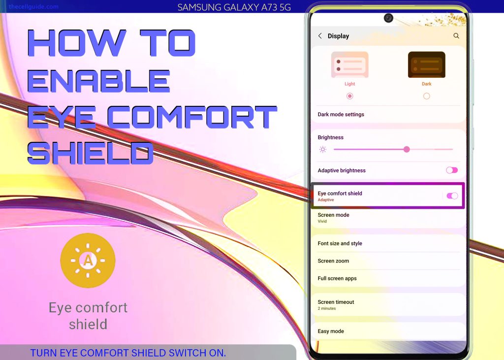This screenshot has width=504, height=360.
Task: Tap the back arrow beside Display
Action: [320, 36]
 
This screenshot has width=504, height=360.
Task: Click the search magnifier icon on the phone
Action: [456, 36]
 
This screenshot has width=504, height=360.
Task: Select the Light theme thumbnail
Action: [350, 65]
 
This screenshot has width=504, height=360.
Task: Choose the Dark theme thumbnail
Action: [427, 65]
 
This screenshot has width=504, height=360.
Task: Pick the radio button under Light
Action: [350, 96]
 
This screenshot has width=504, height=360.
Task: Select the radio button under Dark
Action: [427, 96]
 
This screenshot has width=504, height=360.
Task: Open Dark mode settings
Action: [341, 114]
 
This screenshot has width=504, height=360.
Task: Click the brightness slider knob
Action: [407, 149]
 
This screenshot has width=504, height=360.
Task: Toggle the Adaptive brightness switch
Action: [452, 170]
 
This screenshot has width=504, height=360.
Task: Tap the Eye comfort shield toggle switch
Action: [452, 196]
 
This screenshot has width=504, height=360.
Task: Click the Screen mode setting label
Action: [333, 215]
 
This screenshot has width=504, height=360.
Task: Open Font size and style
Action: [340, 244]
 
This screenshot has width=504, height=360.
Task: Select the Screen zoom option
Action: [333, 261]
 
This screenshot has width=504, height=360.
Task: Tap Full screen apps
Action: [337, 278]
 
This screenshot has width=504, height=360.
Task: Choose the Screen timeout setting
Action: [336, 302]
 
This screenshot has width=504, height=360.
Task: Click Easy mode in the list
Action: [331, 331]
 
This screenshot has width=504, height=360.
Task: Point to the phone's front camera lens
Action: [389, 18]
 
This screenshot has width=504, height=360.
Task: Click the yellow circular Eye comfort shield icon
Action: [88, 260]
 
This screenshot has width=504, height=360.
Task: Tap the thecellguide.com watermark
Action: [34, 6]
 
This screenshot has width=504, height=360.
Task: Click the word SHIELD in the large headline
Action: [91, 153]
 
